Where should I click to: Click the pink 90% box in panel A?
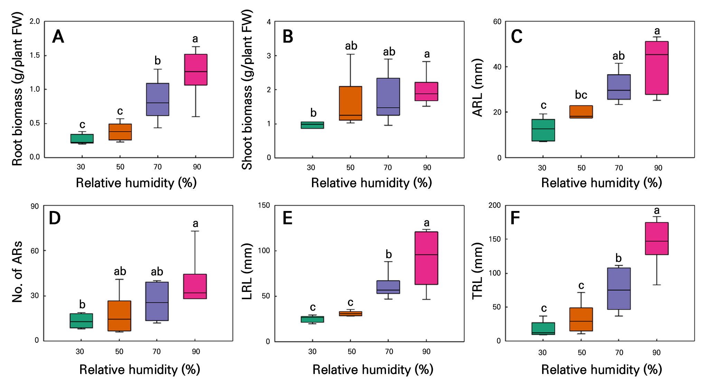click(196, 70)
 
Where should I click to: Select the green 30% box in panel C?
click(543, 130)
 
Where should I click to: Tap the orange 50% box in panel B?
click(350, 103)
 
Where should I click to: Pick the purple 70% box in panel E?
click(388, 287)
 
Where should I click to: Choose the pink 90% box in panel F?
click(656, 239)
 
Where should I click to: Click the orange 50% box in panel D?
click(119, 316)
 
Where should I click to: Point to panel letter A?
click(58, 36)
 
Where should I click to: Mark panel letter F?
click(515, 218)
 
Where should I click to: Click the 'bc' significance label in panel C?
click(581, 95)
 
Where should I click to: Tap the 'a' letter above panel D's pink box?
click(196, 224)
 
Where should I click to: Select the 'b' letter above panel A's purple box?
click(158, 61)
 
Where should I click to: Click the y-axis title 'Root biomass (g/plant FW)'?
click(17, 89)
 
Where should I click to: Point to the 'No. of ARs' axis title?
click(17, 272)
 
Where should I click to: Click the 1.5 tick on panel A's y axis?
click(35, 55)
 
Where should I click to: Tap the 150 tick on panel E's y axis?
click(264, 205)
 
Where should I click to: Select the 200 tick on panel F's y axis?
click(494, 205)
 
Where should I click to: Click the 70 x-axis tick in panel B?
click(388, 167)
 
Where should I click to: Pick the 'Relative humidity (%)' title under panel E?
click(373, 369)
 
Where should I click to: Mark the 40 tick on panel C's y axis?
click(497, 67)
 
